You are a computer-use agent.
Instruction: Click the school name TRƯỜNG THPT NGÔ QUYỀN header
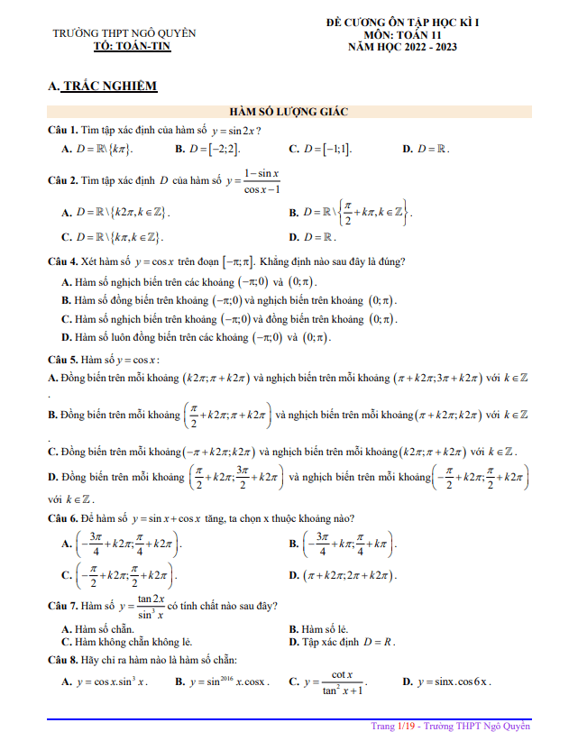124,33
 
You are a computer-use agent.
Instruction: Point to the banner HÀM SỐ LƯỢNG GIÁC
289,111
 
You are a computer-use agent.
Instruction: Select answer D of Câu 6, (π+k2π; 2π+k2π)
344,575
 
